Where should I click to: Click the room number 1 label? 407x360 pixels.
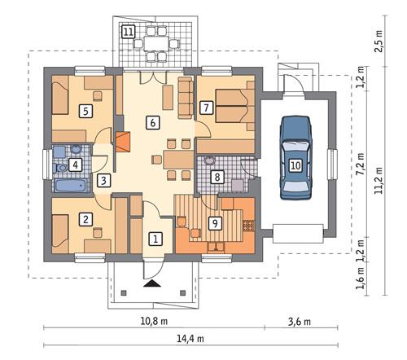[x=156, y=239]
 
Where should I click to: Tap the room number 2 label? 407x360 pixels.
[x=85, y=218]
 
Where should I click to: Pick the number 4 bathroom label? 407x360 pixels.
[x=75, y=165]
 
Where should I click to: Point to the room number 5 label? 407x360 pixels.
[x=85, y=109]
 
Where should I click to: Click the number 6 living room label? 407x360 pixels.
[x=151, y=123]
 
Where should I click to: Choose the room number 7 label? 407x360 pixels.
[x=207, y=107]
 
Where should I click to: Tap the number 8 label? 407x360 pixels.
[x=217, y=176]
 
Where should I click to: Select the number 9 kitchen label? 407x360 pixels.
[x=215, y=222]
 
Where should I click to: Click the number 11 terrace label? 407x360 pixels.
[x=129, y=32]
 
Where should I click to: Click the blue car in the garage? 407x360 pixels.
[x=296, y=156]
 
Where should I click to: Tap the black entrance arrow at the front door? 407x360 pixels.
[x=150, y=284]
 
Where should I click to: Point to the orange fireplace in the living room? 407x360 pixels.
[x=122, y=143]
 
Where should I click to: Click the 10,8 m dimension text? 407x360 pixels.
[x=150, y=321]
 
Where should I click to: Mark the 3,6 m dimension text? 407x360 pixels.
[x=300, y=321]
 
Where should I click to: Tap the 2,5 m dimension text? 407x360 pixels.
[x=379, y=41]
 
